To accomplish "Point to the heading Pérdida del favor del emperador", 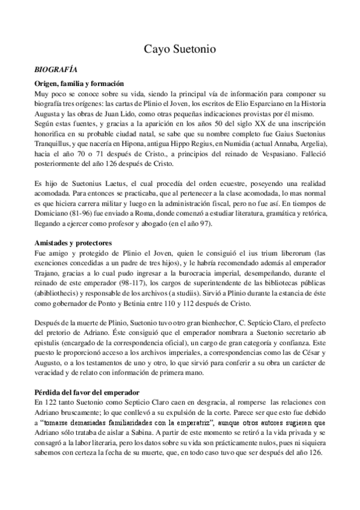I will (x=88, y=375).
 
